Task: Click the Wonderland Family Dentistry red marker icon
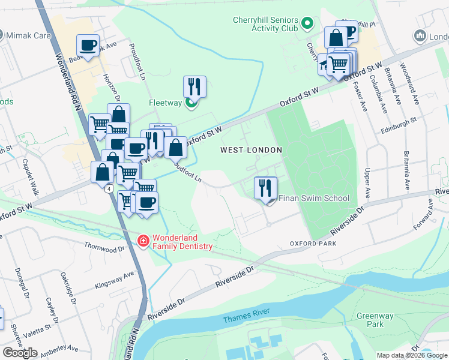[143, 241]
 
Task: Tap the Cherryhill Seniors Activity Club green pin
[308, 25]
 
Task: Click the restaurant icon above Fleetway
[194, 86]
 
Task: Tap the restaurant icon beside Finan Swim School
[265, 188]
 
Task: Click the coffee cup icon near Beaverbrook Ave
[88, 45]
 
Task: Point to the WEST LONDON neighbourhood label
[251, 149]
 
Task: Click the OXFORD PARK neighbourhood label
[312, 244]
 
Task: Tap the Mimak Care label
[29, 35]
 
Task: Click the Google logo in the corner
[20, 353]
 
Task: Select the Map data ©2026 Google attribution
[412, 355]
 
